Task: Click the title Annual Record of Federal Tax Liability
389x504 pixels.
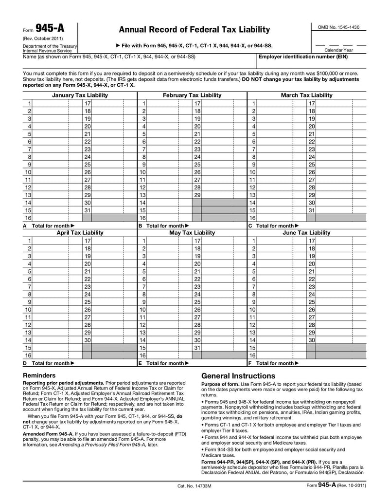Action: coord(194,30)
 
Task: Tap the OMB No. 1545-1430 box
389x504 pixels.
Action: coord(338,27)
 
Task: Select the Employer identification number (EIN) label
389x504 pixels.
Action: coord(303,56)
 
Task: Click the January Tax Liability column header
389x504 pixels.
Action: coord(80,95)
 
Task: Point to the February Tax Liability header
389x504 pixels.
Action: coord(192,95)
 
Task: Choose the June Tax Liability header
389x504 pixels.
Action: coord(306,233)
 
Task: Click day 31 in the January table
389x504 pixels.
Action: coord(88,210)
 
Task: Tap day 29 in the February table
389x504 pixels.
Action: coord(197,194)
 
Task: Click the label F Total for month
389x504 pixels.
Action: coord(273,363)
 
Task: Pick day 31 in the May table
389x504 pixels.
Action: coord(197,348)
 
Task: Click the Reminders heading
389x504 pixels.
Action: coord(39,375)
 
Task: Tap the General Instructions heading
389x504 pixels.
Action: coord(238,376)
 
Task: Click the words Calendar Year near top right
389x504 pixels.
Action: coord(339,50)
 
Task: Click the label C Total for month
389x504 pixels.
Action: coord(273,226)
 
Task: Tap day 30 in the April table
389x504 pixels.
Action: coord(88,340)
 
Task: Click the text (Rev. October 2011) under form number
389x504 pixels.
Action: coord(43,38)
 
